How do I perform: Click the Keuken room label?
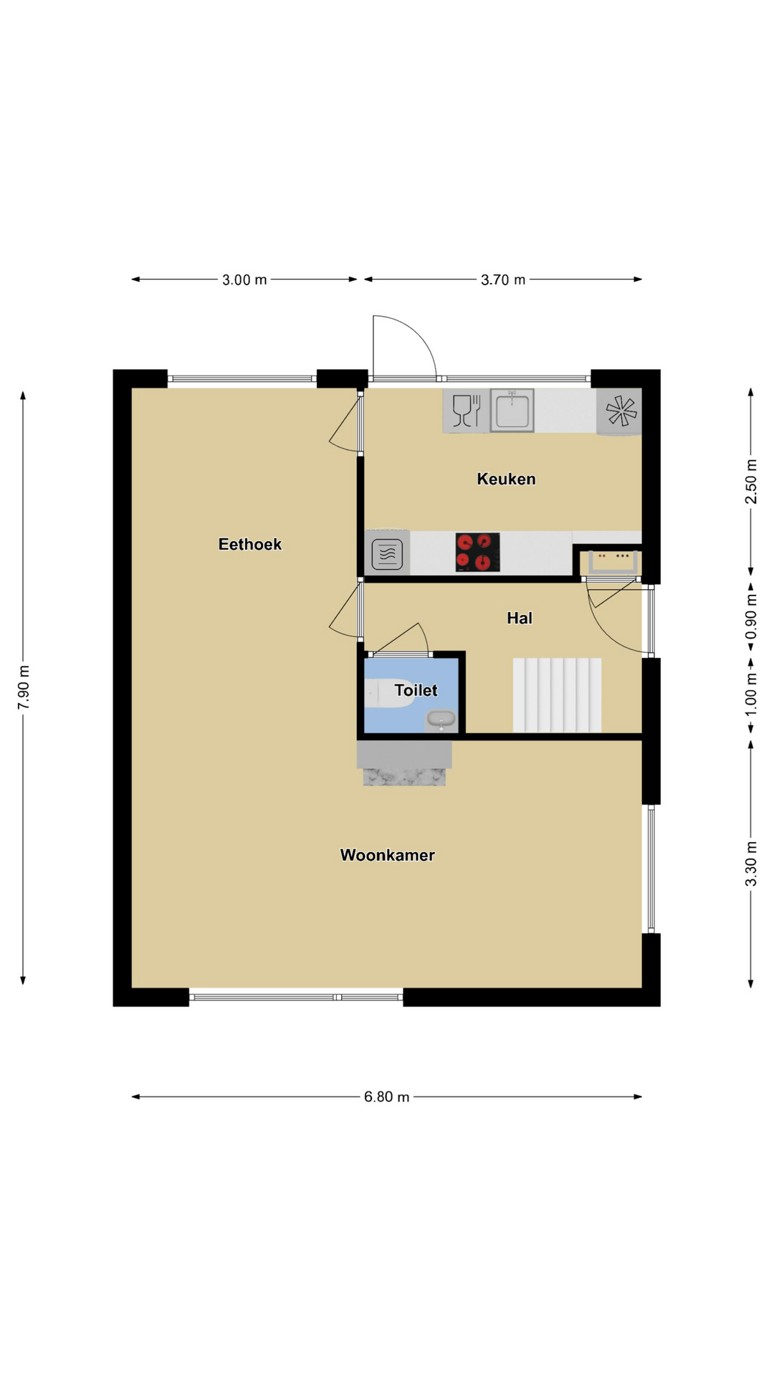click(x=506, y=479)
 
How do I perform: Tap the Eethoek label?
click(x=250, y=544)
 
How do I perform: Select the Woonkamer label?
click(x=387, y=855)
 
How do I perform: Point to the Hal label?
click(x=520, y=618)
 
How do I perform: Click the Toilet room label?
click(x=416, y=690)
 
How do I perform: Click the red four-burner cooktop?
click(x=478, y=553)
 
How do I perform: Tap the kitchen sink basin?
click(x=512, y=411)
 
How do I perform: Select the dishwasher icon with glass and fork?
click(x=467, y=411)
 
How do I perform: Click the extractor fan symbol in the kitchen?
click(x=620, y=411)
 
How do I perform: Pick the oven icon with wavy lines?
click(x=387, y=553)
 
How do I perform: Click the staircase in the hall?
click(x=557, y=695)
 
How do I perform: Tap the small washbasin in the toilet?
click(x=441, y=719)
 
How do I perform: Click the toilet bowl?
click(x=388, y=694)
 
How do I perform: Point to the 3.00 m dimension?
click(x=244, y=279)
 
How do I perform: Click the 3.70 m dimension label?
click(x=503, y=279)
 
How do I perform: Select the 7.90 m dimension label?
click(x=24, y=687)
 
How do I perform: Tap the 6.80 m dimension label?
click(x=387, y=1096)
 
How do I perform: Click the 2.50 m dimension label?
click(x=751, y=481)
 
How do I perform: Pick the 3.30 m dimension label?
click(x=751, y=863)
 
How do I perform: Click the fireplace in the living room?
click(x=404, y=764)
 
